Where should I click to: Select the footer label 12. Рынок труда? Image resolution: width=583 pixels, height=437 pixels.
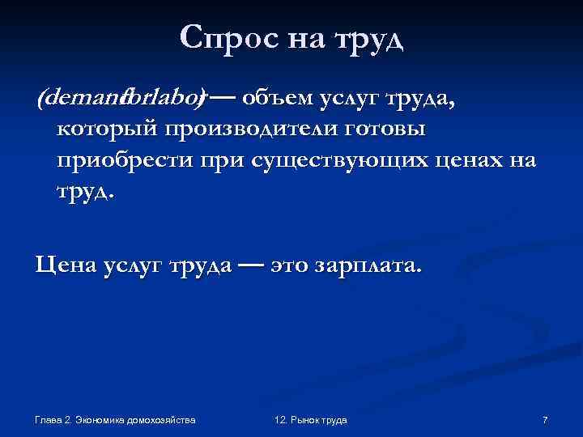(x=311, y=420)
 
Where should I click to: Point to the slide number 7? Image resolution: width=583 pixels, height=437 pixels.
(x=545, y=420)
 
